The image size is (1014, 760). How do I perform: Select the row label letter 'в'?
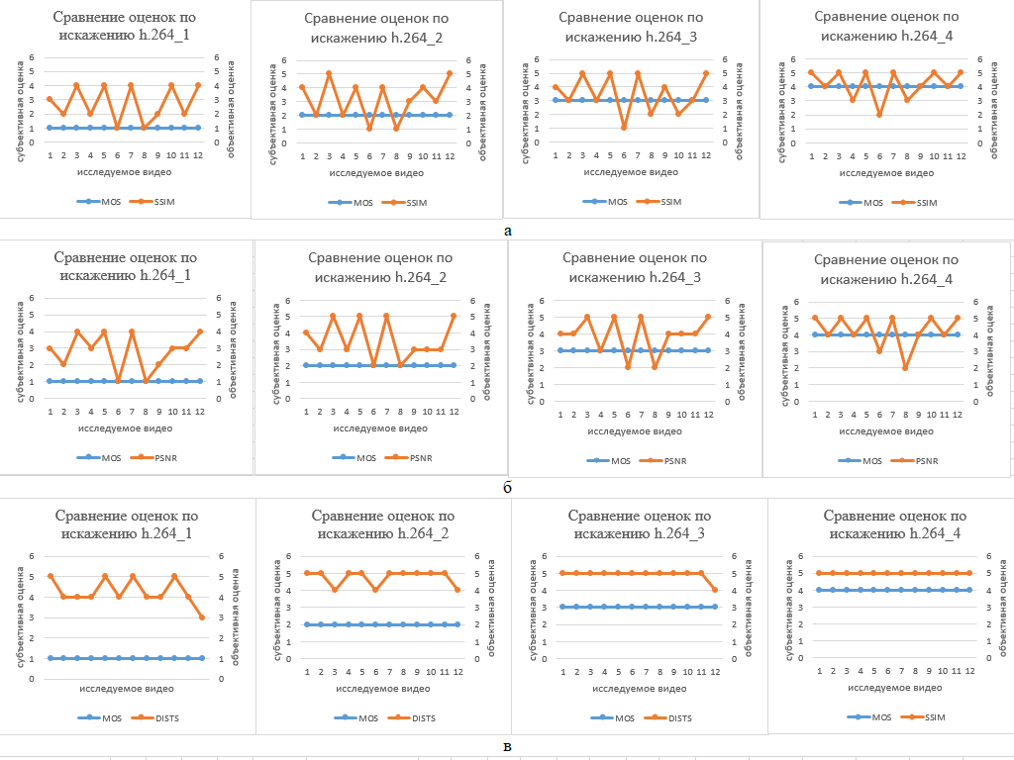click(x=508, y=745)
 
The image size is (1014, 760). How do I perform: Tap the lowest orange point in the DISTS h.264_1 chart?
click(x=201, y=617)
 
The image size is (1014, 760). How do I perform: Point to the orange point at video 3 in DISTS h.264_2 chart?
click(x=335, y=590)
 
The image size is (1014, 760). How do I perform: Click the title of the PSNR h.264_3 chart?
click(x=634, y=267)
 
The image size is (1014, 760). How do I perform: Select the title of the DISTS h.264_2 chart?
click(x=383, y=524)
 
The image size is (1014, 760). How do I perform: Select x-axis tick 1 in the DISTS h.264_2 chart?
click(x=307, y=672)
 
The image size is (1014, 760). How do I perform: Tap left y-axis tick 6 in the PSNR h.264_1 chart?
click(x=32, y=298)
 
